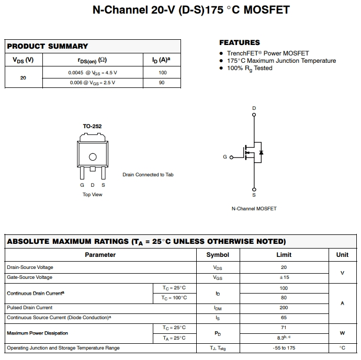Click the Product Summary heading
click(48, 46)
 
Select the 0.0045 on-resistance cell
click(93, 73)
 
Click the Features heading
click(239, 42)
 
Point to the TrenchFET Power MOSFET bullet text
click(267, 53)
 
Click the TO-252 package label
click(92, 127)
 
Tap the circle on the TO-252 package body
click(93, 156)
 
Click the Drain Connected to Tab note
click(148, 175)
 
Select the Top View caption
click(93, 195)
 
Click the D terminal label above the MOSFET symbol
click(254, 108)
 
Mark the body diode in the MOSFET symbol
click(261, 153)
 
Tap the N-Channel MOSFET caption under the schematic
click(254, 209)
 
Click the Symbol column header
click(218, 255)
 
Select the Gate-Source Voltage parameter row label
click(29, 277)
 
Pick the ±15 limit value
click(284, 277)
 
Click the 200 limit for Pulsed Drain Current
click(284, 308)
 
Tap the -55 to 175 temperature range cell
click(284, 348)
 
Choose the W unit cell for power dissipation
click(342, 333)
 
